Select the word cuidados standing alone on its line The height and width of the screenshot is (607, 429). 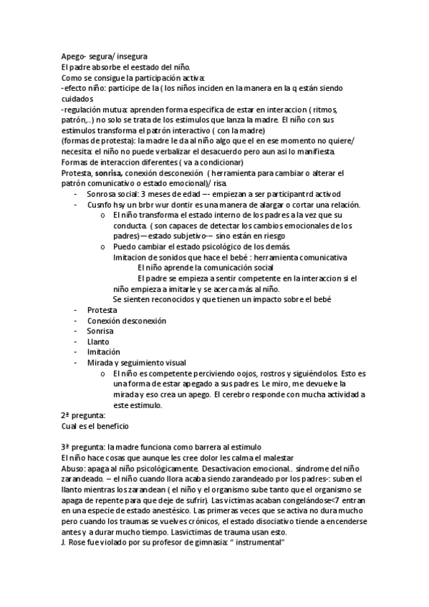78,98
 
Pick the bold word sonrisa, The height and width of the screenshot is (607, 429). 109,174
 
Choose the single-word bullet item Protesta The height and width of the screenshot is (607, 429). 102,310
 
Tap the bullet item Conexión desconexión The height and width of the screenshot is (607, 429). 126,321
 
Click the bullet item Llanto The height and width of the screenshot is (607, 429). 98,342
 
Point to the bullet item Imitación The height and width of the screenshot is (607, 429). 103,352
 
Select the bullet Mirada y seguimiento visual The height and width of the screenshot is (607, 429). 136,363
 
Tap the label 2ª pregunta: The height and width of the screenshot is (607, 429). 83,416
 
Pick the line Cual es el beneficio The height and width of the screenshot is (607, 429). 95,427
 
